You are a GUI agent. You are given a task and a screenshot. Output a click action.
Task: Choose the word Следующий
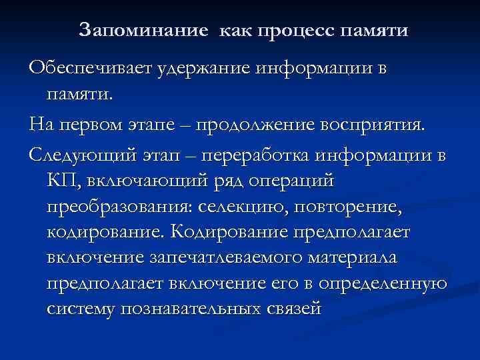coord(79,155)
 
